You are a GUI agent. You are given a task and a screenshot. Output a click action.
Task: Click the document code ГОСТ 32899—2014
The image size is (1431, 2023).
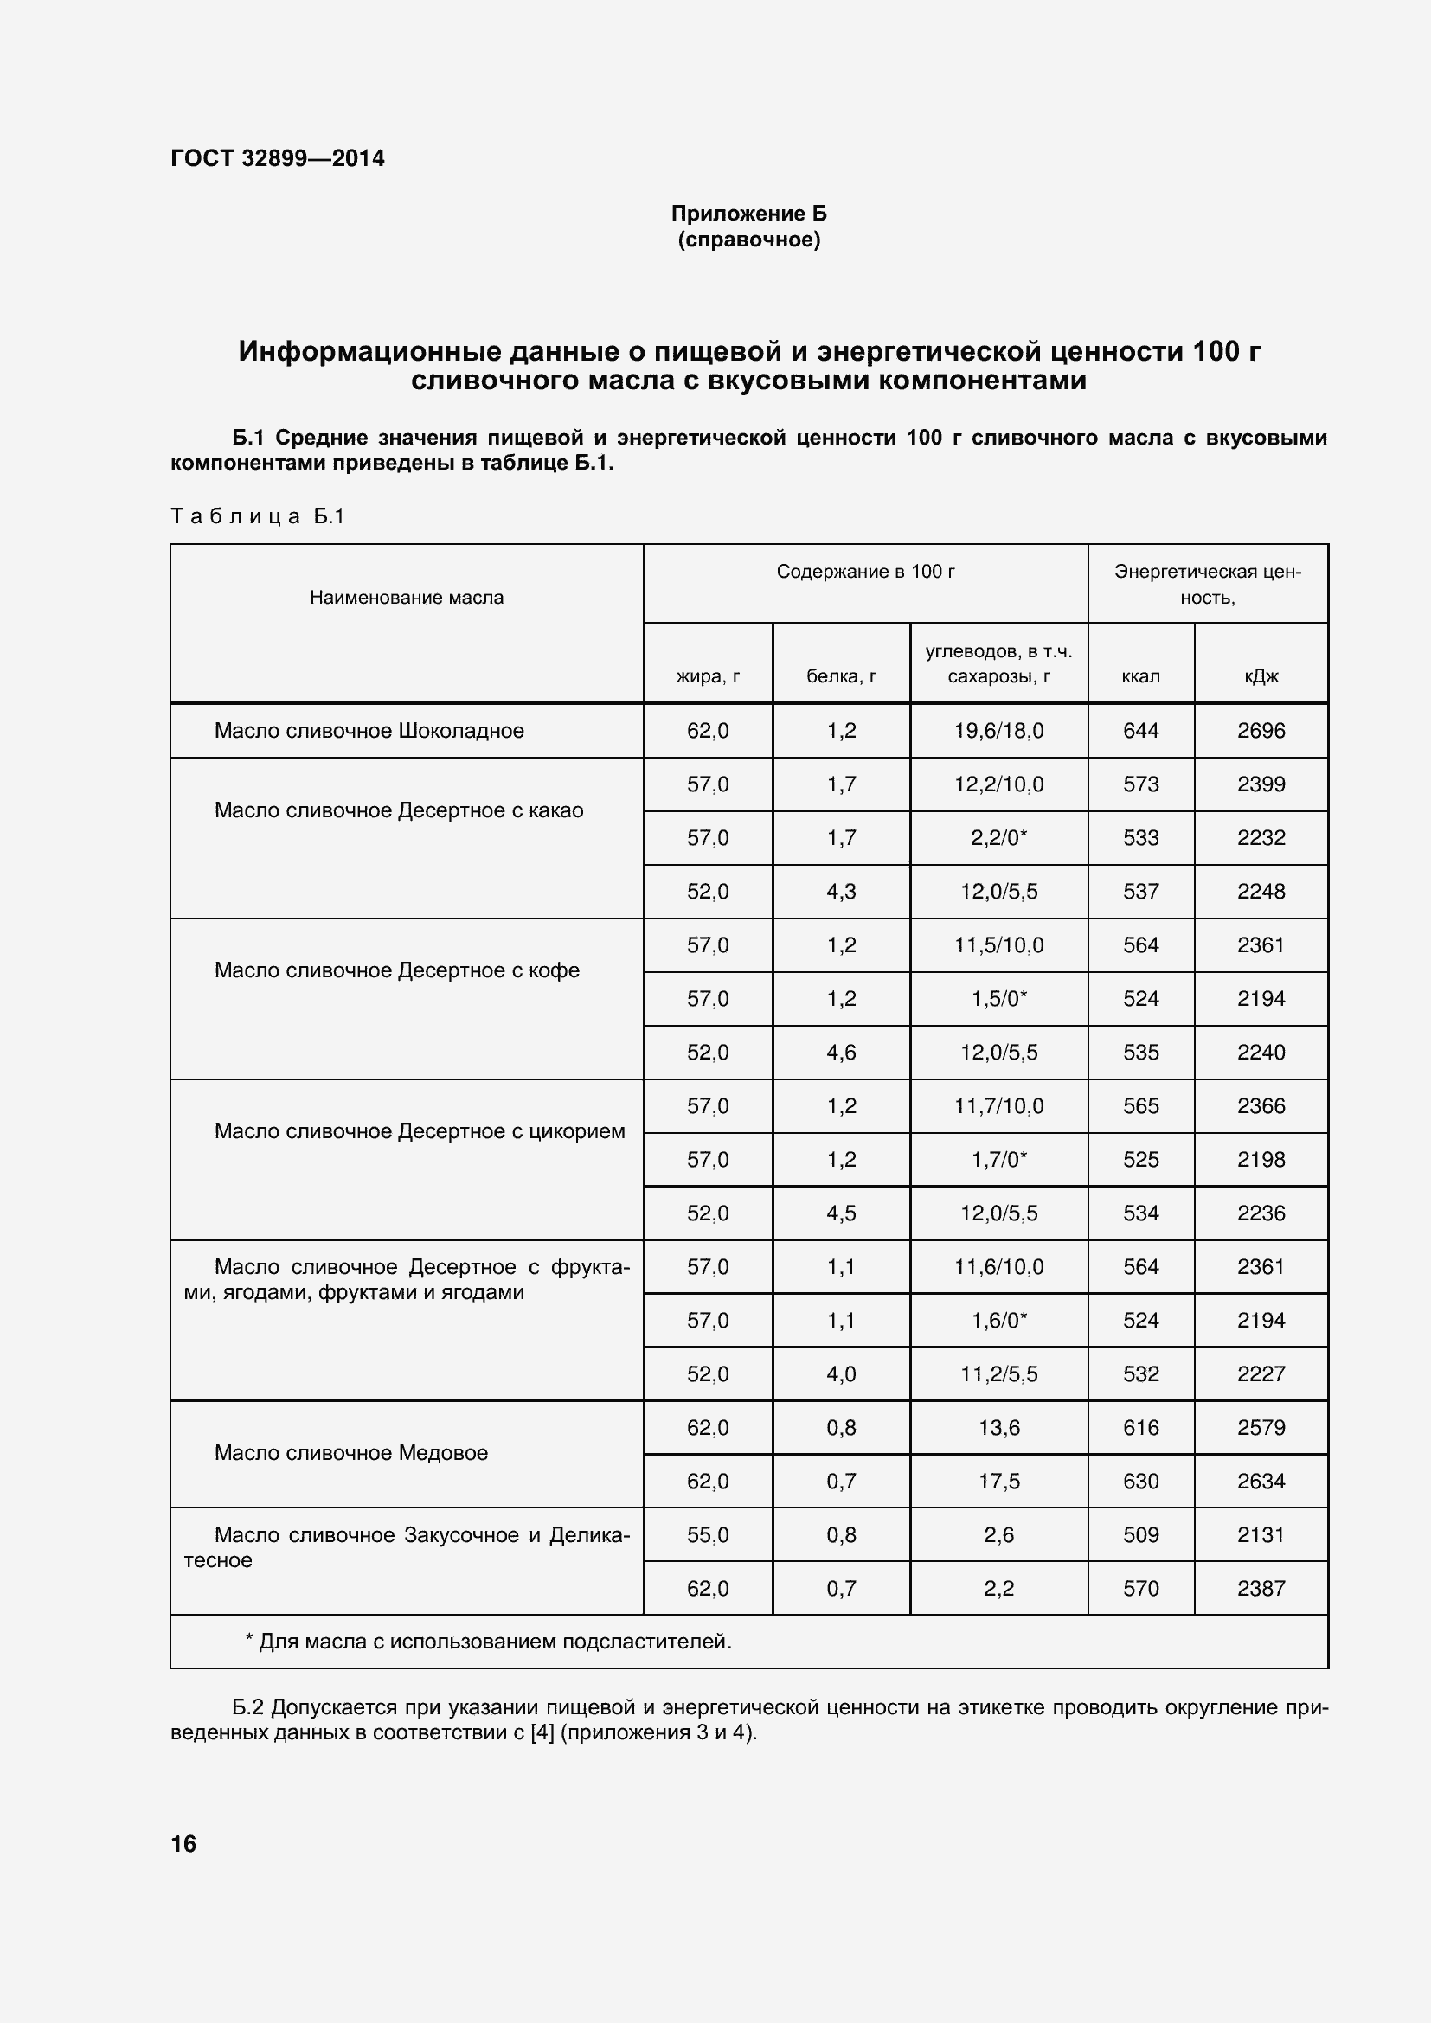pos(278,158)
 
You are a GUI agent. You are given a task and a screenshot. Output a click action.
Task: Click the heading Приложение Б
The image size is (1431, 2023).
pos(748,214)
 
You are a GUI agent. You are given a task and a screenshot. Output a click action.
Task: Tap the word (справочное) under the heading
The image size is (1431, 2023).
pos(748,240)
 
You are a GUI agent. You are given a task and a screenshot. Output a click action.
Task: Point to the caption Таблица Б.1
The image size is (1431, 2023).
pos(256,516)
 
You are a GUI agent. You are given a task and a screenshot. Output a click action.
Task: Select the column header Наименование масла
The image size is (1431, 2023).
pos(407,598)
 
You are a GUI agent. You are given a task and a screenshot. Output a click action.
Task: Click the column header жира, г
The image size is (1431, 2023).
pos(708,675)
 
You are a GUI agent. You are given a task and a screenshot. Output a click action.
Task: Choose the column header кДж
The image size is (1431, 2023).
pos(1260,675)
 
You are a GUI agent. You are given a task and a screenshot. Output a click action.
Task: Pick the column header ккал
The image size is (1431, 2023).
pos(1140,675)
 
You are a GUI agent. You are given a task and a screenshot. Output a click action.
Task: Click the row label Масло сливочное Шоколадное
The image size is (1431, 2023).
pos(369,731)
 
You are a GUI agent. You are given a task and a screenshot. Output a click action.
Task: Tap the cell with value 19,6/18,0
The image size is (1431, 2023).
pos(998,731)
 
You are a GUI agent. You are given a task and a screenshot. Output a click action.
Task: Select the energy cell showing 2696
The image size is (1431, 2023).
pos(1260,731)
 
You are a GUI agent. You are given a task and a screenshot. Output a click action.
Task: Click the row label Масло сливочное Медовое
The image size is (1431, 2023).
pos(350,1453)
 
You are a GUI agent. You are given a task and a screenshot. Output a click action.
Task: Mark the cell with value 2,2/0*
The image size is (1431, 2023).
pos(998,838)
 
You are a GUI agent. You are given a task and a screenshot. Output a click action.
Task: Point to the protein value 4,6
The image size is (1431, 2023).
pos(841,1052)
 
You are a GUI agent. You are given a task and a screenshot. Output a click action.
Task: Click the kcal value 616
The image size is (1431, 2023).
pos(1140,1427)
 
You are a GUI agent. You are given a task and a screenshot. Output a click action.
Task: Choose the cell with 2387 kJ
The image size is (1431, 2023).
pos(1260,1589)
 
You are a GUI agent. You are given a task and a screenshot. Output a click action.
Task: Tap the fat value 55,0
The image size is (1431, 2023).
pos(708,1535)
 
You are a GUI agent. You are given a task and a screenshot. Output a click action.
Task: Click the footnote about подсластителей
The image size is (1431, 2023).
pos(488,1642)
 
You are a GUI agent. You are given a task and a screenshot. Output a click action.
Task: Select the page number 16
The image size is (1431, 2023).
pos(183,1844)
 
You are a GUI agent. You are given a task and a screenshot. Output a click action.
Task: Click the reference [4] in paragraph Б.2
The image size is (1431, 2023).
pos(541,1733)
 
